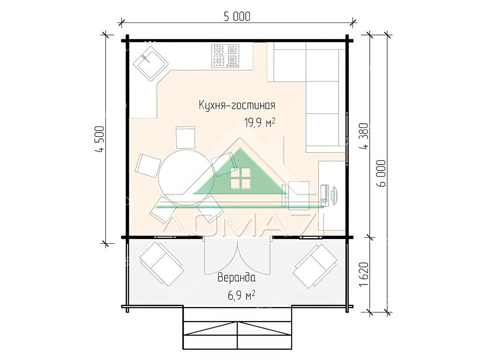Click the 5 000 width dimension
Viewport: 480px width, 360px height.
[x=237, y=16]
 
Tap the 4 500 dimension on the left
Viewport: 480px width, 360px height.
[x=100, y=139]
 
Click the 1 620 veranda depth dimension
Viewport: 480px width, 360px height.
[x=364, y=274]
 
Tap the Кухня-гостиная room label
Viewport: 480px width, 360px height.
[x=237, y=105]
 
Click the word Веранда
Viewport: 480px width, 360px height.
[x=236, y=277]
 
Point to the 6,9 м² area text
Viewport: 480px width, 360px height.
[x=241, y=295]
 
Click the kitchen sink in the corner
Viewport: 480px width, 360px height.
[x=150, y=64]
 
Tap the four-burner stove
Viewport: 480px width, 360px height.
[x=225, y=56]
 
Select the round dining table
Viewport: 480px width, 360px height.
[x=182, y=177]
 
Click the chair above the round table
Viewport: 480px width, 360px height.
[x=186, y=137]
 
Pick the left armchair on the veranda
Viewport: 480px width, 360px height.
[x=161, y=263]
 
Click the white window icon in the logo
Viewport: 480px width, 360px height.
[x=240, y=178]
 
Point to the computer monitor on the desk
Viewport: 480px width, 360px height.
[x=333, y=194]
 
